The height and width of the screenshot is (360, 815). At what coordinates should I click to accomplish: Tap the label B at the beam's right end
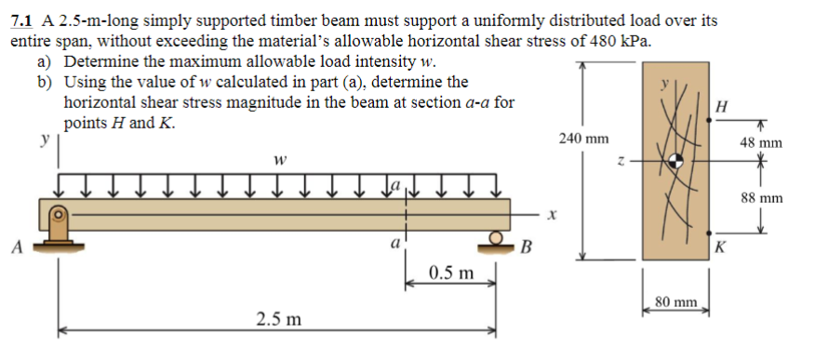point(527,247)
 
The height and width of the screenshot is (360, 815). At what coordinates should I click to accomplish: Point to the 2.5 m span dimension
point(278,319)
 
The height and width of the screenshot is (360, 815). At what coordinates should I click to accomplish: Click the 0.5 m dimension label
point(450,274)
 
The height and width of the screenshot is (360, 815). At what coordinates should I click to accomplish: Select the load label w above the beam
point(278,160)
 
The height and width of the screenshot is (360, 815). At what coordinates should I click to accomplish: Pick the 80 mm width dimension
point(675,301)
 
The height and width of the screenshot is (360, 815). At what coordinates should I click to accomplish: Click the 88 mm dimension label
point(762,198)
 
